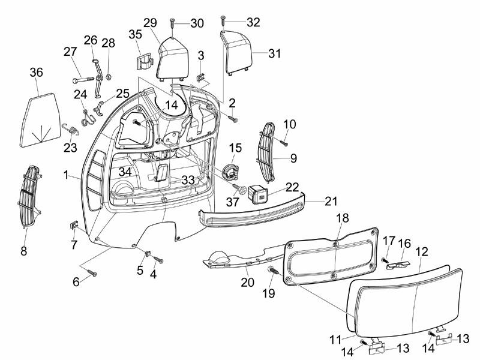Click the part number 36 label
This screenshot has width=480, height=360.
tap(37, 73)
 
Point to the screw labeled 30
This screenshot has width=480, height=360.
tap(173, 25)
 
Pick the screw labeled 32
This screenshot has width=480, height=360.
tap(223, 22)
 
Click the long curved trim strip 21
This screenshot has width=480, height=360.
tap(252, 210)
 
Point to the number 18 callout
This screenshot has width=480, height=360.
tap(342, 217)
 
